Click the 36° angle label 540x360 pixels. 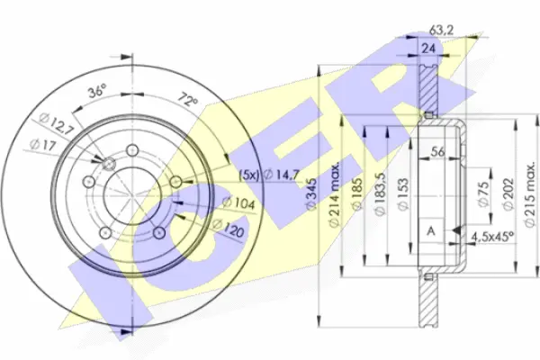click(96, 92)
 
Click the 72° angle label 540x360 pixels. click(188, 101)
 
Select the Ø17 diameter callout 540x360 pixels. click(42, 145)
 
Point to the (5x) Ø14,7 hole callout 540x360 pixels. click(270, 175)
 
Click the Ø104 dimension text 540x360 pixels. click(238, 203)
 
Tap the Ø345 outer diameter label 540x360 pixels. click(311, 194)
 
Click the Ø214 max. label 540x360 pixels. click(335, 193)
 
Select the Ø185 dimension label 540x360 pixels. click(357, 194)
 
